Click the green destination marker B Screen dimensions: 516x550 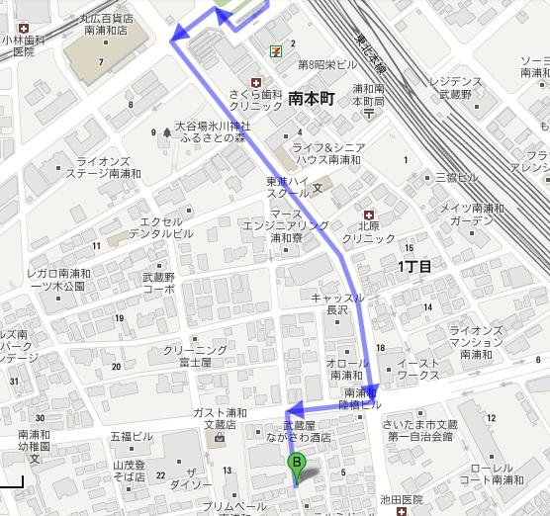295,463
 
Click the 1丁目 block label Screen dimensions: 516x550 414,266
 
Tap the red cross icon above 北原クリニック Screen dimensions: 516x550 368,215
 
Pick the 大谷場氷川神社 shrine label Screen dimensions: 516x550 213,127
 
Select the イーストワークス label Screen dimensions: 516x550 418,370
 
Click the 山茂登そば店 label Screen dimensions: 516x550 129,470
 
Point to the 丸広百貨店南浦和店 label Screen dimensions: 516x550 110,24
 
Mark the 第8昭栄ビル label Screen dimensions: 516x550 326,64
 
